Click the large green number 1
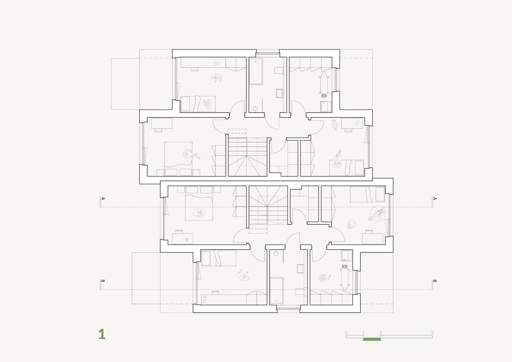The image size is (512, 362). (x=102, y=334)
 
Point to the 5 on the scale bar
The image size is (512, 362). (x=432, y=333)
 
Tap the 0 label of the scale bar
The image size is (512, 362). (x=346, y=333)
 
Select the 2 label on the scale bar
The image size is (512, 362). (x=381, y=333)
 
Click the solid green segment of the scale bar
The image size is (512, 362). (x=372, y=339)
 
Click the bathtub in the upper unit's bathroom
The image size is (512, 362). (x=256, y=71)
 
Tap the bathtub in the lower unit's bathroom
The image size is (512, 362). (x=277, y=291)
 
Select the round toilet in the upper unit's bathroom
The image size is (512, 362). (x=255, y=109)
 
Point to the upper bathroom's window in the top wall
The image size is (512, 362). (x=267, y=53)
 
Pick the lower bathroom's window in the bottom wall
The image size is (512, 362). (x=288, y=308)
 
